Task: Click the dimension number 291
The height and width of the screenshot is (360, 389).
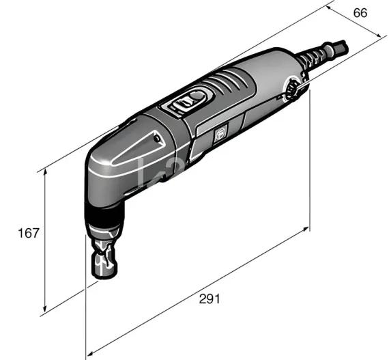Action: (210, 299)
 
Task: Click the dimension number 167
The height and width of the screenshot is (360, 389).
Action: (28, 233)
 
